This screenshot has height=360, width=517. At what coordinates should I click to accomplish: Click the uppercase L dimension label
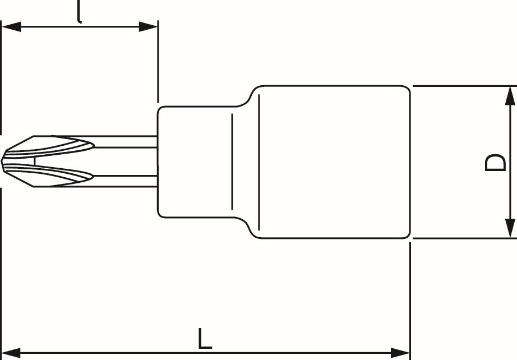(205, 338)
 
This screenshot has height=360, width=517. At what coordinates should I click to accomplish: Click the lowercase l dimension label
(79, 12)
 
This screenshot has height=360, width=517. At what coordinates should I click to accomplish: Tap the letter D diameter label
(495, 162)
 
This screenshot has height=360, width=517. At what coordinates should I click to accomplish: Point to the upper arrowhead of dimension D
(510, 96)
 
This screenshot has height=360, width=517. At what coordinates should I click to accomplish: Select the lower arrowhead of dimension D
(510, 228)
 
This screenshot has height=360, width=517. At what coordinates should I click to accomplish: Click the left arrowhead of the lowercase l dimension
(12, 27)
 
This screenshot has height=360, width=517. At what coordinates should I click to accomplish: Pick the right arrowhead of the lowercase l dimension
(148, 27)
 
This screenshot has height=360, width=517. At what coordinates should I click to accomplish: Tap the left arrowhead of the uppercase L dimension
(12, 352)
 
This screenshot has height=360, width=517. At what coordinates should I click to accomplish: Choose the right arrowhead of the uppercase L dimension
(400, 352)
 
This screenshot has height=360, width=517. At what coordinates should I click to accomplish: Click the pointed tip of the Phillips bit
(2, 161)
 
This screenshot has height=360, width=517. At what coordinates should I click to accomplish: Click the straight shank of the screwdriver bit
(125, 161)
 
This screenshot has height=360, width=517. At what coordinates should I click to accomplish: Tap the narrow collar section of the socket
(198, 162)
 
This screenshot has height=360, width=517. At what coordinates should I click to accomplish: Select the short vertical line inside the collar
(232, 161)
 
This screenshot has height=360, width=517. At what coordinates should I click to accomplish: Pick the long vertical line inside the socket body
(259, 162)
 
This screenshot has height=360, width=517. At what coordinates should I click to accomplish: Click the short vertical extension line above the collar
(158, 62)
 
